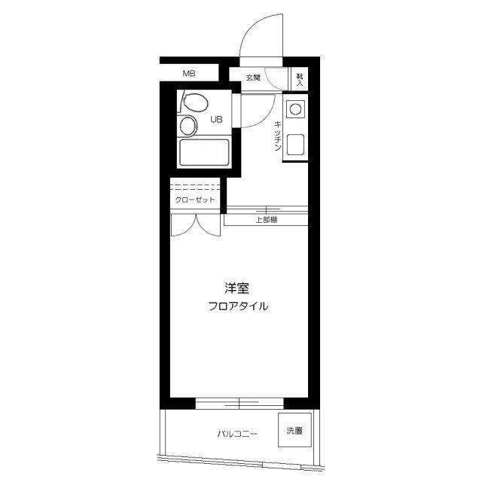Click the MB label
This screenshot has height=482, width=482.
tap(189, 74)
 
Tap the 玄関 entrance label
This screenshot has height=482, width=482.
tap(253, 78)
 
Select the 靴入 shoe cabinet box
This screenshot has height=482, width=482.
tap(299, 79)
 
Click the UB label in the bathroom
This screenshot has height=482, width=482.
tap(216, 119)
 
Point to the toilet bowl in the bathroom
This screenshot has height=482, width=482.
tap(194, 102)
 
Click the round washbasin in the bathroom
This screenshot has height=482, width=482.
tap(188, 126)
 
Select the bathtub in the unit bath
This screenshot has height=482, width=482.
tap(204, 153)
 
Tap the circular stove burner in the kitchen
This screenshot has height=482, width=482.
tap(295, 108)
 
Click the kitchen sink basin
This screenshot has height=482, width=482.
tap(295, 145)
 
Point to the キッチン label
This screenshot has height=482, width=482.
tap(278, 136)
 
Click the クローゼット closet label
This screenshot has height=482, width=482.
tap(195, 200)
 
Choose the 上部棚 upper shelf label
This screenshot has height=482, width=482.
tap(267, 220)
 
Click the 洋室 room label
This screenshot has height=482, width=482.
tap(236, 288)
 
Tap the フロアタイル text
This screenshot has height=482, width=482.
tap(238, 307)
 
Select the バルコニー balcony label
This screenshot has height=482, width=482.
tap(237, 434)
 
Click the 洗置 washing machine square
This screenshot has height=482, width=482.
tap(294, 430)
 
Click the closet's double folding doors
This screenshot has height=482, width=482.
tap(196, 225)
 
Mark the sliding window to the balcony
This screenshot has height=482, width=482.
tap(239, 404)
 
